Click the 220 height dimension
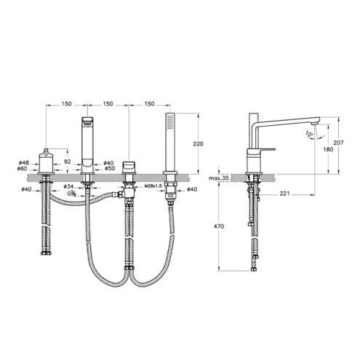click(198, 144)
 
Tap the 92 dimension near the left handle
click(68, 161)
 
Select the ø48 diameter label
click(23, 162)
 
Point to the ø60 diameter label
click(22, 169)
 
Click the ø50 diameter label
click(110, 168)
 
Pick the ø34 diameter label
click(68, 186)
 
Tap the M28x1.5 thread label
click(153, 186)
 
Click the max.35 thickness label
click(219, 178)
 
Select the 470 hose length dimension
click(219, 226)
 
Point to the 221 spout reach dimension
click(284, 193)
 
